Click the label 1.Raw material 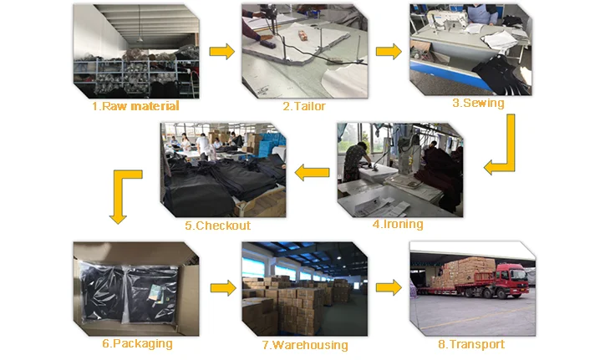click(x=135, y=106)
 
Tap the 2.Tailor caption click(x=303, y=106)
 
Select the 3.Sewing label click(x=477, y=103)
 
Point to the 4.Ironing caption click(x=397, y=224)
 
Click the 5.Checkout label click(x=217, y=226)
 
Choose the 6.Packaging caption click(x=137, y=343)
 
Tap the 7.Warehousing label click(x=304, y=345)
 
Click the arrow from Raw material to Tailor click(x=221, y=52)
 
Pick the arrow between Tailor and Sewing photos click(x=388, y=52)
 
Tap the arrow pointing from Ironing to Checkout click(x=312, y=173)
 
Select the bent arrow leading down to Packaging click(x=123, y=194)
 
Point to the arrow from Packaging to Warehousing click(x=221, y=288)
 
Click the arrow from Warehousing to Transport click(x=388, y=288)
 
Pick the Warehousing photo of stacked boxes click(x=304, y=288)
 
